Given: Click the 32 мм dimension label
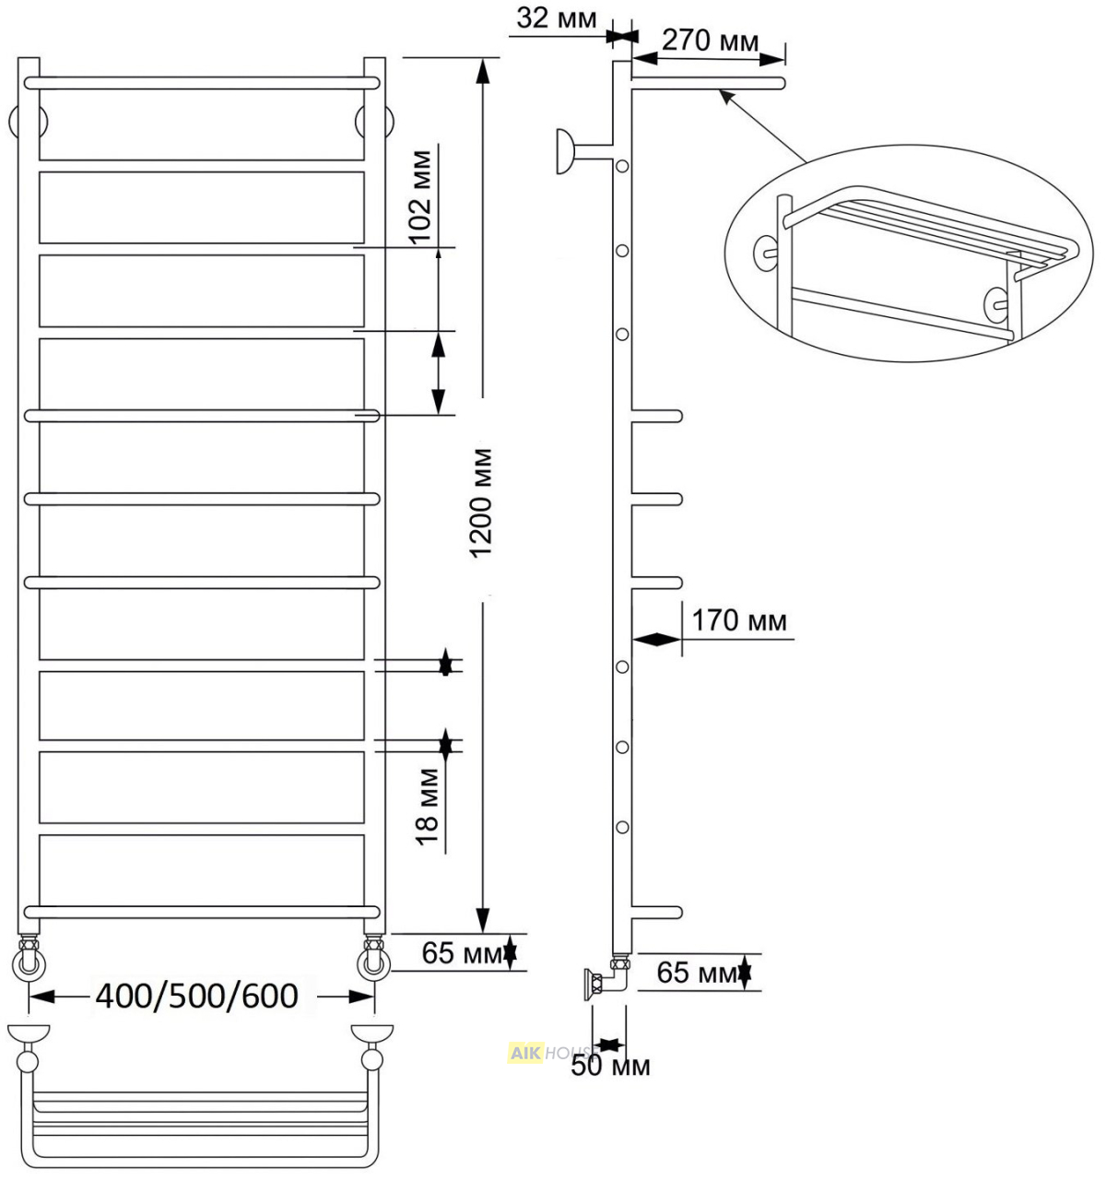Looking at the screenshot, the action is coord(557,18).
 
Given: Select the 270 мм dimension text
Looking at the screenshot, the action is coord(711,41).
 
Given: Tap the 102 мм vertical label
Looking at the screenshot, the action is coord(421,197).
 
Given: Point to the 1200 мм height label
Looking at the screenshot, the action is coord(480,502).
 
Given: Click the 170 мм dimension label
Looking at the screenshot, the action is coord(739,621).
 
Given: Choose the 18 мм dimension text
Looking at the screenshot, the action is coord(428,807).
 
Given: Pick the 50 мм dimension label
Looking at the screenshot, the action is coord(610,1066).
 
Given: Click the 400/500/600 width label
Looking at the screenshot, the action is coord(196,997).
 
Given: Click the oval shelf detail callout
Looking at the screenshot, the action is coord(909,254).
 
